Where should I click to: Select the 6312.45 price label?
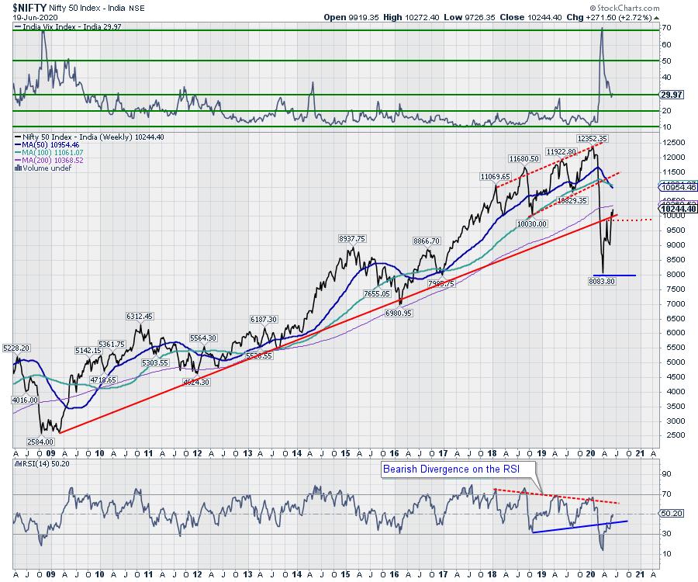[x=140, y=316]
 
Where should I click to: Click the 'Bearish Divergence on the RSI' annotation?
[x=448, y=469]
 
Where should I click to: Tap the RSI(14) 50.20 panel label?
[x=40, y=463]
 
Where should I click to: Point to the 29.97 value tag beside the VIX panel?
[x=671, y=95]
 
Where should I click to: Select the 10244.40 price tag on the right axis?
[x=678, y=208]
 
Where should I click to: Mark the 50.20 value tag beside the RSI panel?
[x=671, y=514]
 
